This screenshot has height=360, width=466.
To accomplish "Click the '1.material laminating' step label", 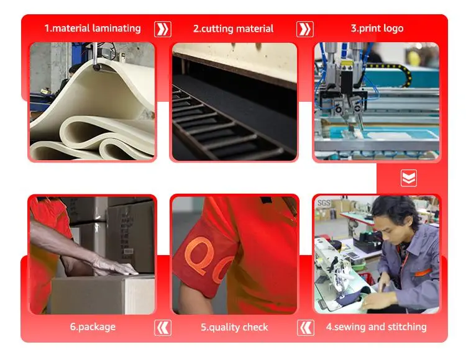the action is coord(93,29).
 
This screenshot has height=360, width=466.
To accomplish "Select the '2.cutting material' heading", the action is coord(233,29).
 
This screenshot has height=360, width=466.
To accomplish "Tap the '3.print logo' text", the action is coord(377,29).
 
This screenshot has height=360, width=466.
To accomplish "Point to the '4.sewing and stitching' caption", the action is coord(377,326).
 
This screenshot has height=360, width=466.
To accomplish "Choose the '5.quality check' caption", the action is coord(234,327).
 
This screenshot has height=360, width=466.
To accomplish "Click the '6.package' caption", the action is coord(93,326).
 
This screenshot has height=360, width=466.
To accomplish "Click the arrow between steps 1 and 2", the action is coord(163,29).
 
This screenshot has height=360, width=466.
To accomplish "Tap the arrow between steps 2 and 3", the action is coord(305,29).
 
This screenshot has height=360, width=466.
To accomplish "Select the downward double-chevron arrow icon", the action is coord(409,178).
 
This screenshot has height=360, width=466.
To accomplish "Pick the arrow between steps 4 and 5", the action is coord(306,328).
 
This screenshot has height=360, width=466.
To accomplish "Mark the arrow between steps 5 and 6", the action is coord(163,328).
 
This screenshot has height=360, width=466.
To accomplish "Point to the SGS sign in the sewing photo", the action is coord(324,203).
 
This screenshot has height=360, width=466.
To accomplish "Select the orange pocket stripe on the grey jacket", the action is coord(422,272).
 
